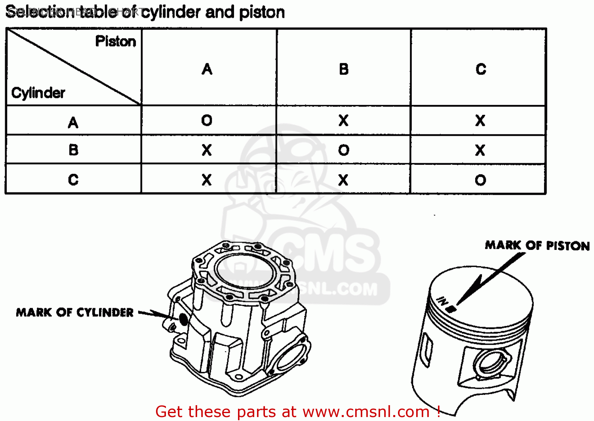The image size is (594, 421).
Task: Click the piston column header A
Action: click(x=207, y=69)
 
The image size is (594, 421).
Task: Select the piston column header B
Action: click(x=344, y=69)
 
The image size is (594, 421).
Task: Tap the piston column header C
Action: click(x=481, y=69)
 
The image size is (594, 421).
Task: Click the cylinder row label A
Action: click(x=73, y=122)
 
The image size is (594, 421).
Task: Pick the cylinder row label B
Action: click(x=73, y=150)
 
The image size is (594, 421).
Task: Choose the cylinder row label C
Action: click(x=73, y=180)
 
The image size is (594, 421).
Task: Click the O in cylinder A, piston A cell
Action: click(x=207, y=120)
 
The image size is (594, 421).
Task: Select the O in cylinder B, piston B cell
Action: click(x=344, y=150)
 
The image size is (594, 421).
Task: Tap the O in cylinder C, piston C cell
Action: click(x=480, y=180)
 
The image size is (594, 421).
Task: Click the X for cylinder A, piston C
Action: click(x=480, y=120)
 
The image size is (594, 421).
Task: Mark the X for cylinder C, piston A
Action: click(x=207, y=180)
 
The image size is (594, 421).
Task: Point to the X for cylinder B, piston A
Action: click(x=207, y=150)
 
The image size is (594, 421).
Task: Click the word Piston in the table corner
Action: click(x=116, y=42)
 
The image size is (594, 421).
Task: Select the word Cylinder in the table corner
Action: click(x=38, y=93)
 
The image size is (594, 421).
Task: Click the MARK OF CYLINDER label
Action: click(x=75, y=312)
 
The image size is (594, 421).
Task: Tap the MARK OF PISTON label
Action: click(x=537, y=246)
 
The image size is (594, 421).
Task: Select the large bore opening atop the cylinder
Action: click(x=244, y=271)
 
